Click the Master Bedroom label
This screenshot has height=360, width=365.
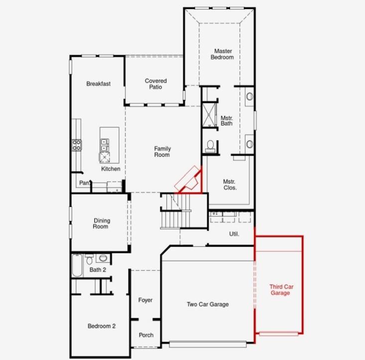[x=224, y=54]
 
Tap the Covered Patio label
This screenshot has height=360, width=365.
[x=156, y=84]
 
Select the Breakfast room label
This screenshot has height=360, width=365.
[x=98, y=84]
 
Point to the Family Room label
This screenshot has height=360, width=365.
[x=162, y=152]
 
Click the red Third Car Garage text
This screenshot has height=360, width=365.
[x=280, y=290]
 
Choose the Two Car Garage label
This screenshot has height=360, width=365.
[x=208, y=304]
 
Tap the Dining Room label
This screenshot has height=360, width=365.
[x=101, y=224]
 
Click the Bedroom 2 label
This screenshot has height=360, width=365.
[x=102, y=326]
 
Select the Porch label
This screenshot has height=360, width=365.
[x=146, y=335]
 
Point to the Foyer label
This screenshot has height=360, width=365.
[x=145, y=300]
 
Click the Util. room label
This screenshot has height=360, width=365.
[x=234, y=234]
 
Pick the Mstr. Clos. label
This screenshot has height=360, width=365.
[x=230, y=185]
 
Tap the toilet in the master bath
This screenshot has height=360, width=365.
[x=210, y=145]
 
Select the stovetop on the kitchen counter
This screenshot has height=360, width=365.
[x=77, y=145]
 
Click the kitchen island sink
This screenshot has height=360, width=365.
[x=105, y=145]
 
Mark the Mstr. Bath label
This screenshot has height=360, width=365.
[x=227, y=120]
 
